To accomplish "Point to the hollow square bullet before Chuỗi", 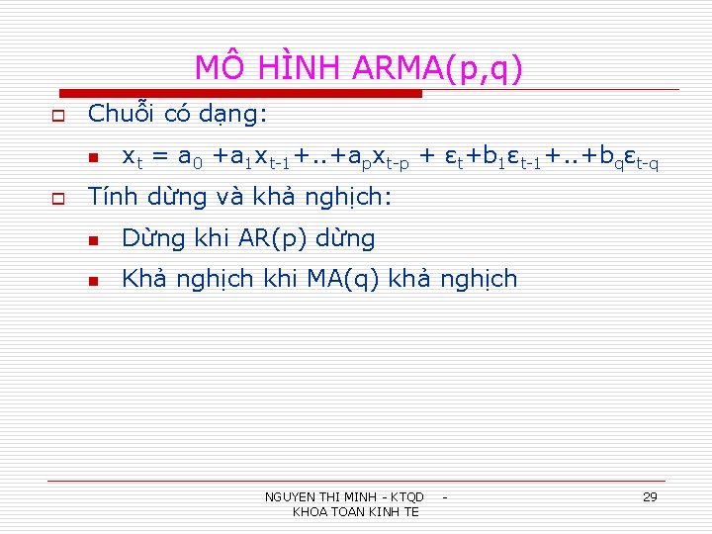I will pos(57,116).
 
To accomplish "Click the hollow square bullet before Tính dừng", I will pos(57,199).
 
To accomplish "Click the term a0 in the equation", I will pos(188,156).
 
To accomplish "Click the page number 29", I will pos(650,496).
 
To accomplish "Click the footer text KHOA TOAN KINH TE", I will pos(356,511).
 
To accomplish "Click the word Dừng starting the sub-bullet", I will pos(149,238).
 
